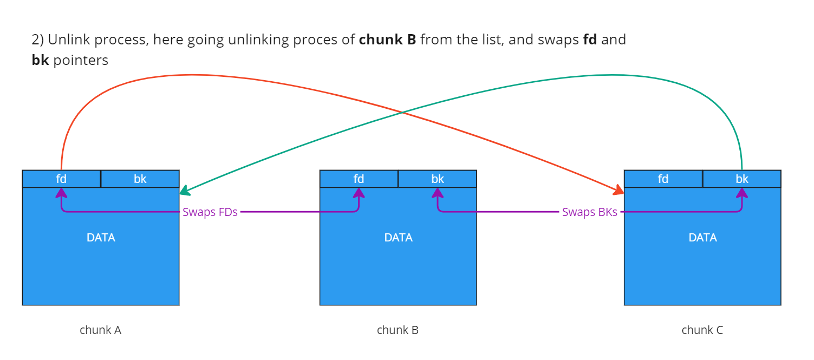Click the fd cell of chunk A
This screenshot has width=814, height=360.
pyautogui.click(x=61, y=179)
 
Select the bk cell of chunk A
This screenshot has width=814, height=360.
pyautogui.click(x=140, y=179)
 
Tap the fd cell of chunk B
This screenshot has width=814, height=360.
pyautogui.click(x=359, y=179)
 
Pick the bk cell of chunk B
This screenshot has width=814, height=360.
pyautogui.click(x=438, y=179)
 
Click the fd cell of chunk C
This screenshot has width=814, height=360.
pyautogui.click(x=663, y=179)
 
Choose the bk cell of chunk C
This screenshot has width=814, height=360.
pyautogui.click(x=742, y=179)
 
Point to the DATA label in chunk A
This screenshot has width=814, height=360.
pyautogui.click(x=101, y=238)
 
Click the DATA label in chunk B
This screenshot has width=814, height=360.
pyautogui.click(x=398, y=238)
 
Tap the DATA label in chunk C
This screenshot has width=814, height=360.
pyautogui.click(x=702, y=238)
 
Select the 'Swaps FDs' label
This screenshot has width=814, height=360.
pyautogui.click(x=210, y=212)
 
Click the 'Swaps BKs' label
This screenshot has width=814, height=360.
pyautogui.click(x=589, y=212)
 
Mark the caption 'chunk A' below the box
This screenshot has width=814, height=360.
pyautogui.click(x=100, y=330)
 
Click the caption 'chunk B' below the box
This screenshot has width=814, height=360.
pyautogui.click(x=398, y=330)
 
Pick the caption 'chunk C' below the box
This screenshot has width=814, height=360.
pyautogui.click(x=702, y=330)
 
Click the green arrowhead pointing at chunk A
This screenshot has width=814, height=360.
pyautogui.click(x=184, y=191)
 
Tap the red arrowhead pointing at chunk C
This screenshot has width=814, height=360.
pyautogui.click(x=619, y=190)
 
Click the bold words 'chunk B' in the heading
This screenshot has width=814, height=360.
pyautogui.click(x=387, y=40)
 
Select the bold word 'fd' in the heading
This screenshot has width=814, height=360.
pyautogui.click(x=590, y=40)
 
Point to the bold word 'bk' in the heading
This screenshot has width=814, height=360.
pyautogui.click(x=40, y=60)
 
